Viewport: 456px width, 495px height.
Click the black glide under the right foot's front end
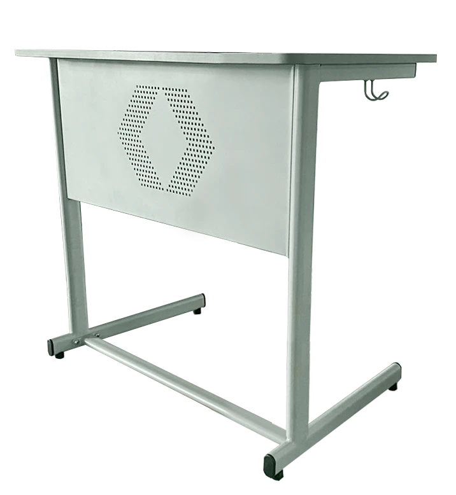pyautogui.click(x=278, y=474)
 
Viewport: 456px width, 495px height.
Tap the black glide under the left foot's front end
pyautogui.click(x=60, y=357)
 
